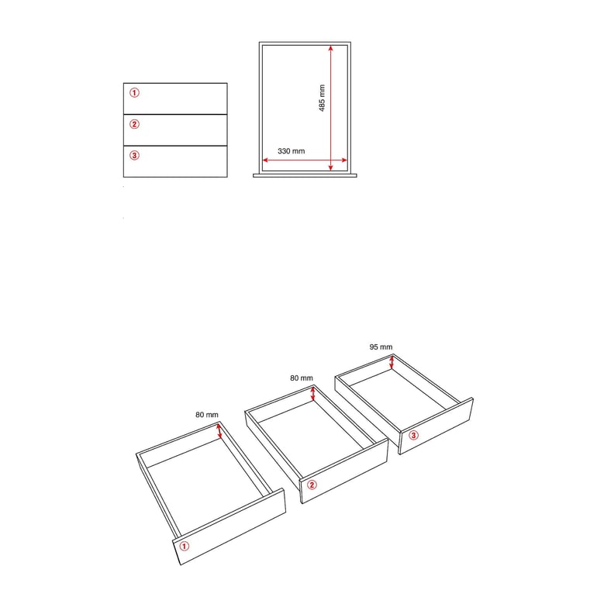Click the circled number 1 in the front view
point(134,92)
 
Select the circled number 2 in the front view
point(134,124)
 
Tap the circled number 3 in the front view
point(134,155)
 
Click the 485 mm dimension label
point(322,98)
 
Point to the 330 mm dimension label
point(292,151)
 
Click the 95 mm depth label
point(381,347)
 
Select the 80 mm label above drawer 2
point(302,378)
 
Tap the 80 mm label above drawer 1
point(207,415)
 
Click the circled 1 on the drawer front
point(185,547)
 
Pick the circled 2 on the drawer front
point(312,485)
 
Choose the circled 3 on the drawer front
point(413,435)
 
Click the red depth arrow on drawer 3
point(392,362)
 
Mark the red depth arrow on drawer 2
point(313,393)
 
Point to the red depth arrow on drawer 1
point(219,430)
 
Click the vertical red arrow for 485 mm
point(331,108)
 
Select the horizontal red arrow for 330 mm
point(305,160)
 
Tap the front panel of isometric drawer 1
point(229,526)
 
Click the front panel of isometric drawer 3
point(436,426)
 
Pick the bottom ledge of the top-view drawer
point(305,176)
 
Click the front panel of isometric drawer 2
point(343,471)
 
